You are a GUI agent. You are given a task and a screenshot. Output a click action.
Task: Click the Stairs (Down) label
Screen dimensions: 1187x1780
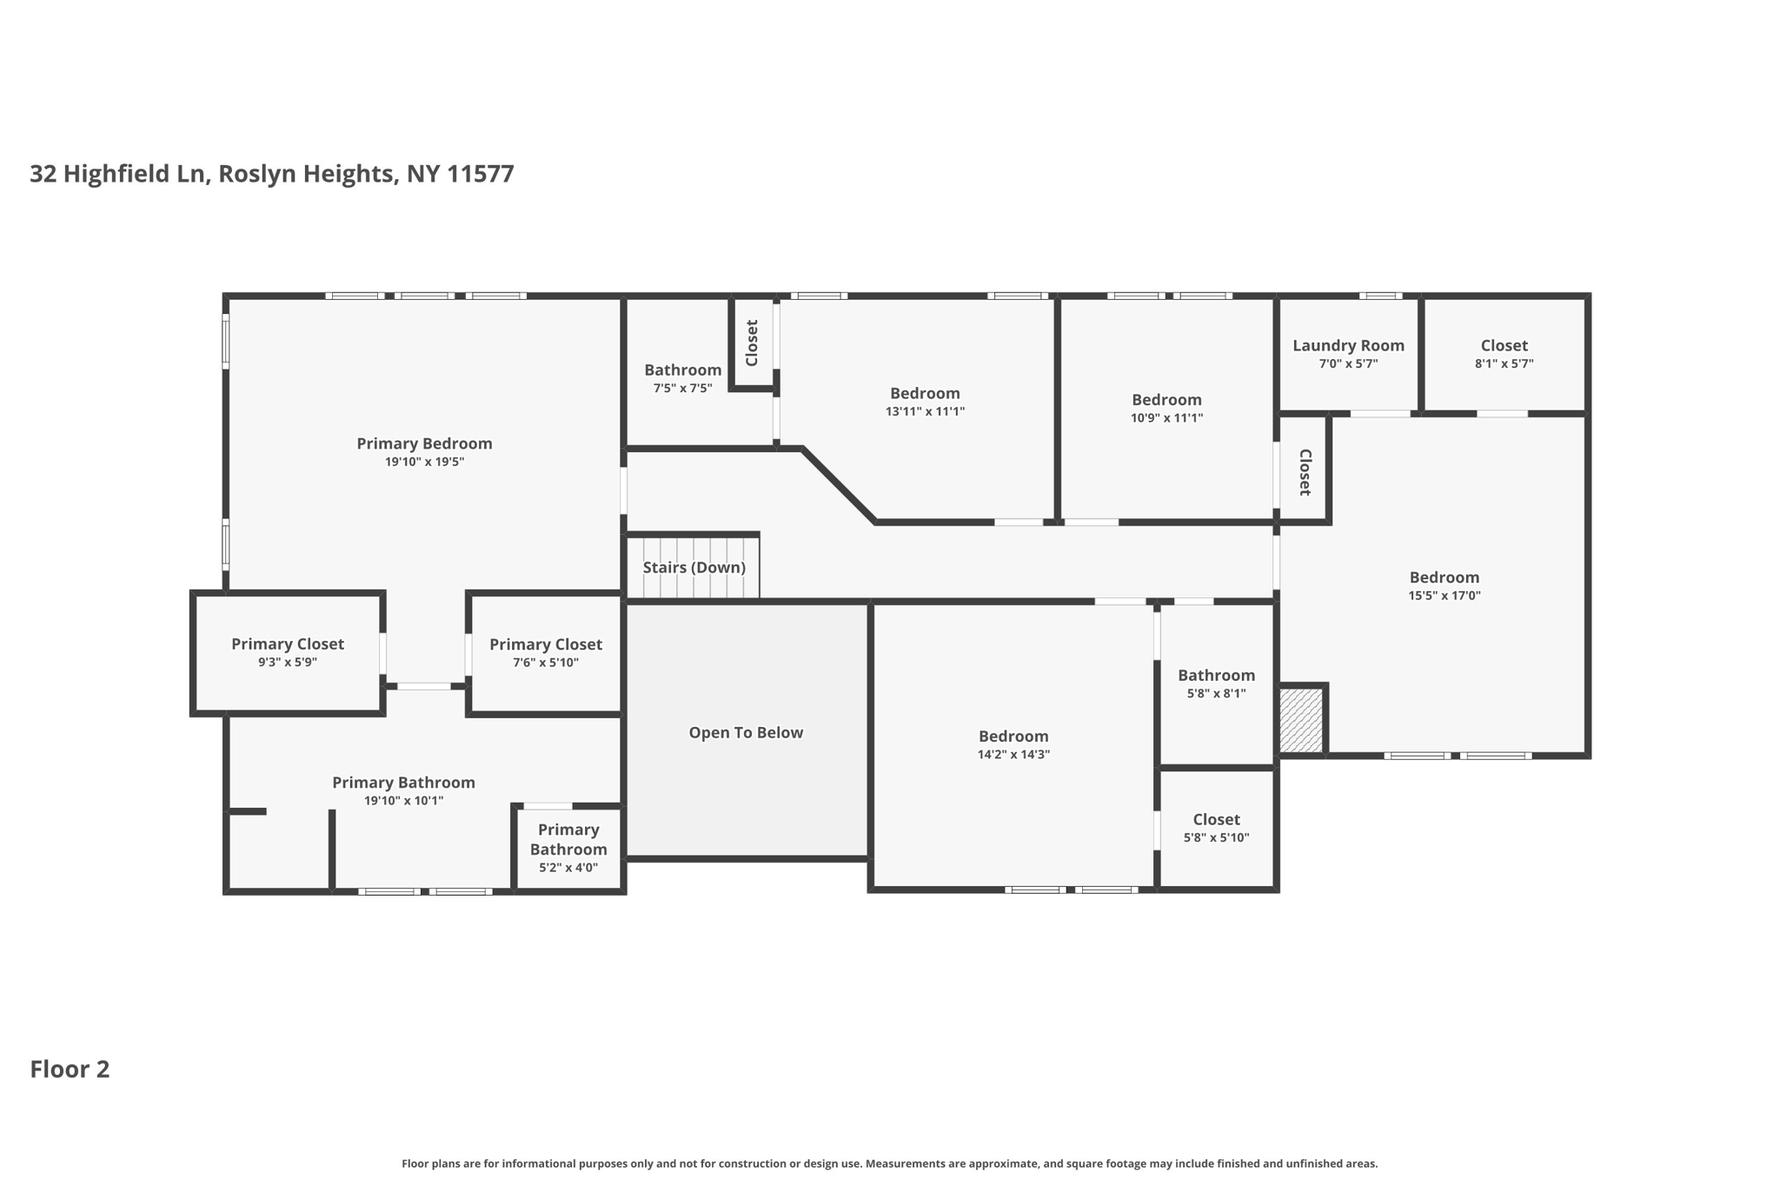tap(694, 568)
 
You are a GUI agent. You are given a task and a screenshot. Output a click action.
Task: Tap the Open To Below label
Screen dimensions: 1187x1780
tap(746, 733)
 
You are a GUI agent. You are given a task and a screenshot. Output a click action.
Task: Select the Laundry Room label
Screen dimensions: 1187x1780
tap(1348, 346)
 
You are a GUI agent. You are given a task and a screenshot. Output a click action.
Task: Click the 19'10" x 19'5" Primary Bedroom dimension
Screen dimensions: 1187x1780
tap(424, 462)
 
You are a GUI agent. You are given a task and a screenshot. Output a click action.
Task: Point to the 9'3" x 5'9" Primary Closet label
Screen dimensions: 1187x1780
tap(288, 644)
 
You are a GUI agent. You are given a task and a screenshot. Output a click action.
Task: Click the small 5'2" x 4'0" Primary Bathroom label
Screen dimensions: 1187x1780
tap(568, 840)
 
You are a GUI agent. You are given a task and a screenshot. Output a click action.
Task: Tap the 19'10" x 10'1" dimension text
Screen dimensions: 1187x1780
tap(403, 801)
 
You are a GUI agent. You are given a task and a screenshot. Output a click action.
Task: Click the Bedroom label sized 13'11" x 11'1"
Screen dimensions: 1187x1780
tap(925, 394)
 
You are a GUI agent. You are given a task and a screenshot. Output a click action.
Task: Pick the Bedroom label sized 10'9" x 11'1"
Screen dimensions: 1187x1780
tap(1166, 400)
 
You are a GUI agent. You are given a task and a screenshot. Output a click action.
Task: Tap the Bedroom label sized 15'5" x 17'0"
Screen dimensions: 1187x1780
tap(1444, 577)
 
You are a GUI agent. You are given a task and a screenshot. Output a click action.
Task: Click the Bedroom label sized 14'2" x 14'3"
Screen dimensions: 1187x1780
tap(1013, 737)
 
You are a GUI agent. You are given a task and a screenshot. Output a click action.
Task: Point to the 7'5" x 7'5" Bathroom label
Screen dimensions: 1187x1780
tap(682, 370)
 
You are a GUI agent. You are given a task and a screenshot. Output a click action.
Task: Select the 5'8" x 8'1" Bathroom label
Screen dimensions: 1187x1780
tap(1216, 676)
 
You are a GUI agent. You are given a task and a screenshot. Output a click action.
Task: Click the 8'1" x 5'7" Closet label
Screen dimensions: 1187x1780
tap(1504, 346)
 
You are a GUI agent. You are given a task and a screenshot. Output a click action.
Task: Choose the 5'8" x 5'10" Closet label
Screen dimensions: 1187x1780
tap(1216, 820)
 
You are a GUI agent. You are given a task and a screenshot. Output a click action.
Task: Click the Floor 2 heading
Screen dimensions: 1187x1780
tap(70, 1070)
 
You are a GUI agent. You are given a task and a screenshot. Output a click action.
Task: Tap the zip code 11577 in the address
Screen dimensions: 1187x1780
tap(481, 174)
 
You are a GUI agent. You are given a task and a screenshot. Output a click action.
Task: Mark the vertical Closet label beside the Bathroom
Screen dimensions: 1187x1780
tap(753, 343)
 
